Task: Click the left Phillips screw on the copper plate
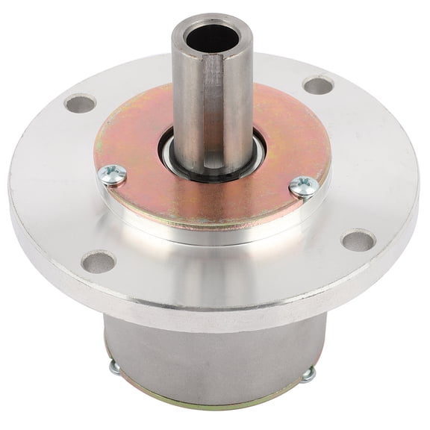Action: coord(113,175)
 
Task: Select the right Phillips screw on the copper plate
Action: coord(303,185)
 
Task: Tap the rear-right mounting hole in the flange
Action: coord(319,85)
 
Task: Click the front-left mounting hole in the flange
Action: coord(98,262)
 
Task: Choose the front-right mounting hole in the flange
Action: coord(358,240)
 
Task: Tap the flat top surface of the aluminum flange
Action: coord(373,172)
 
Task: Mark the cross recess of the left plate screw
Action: coord(113,173)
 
